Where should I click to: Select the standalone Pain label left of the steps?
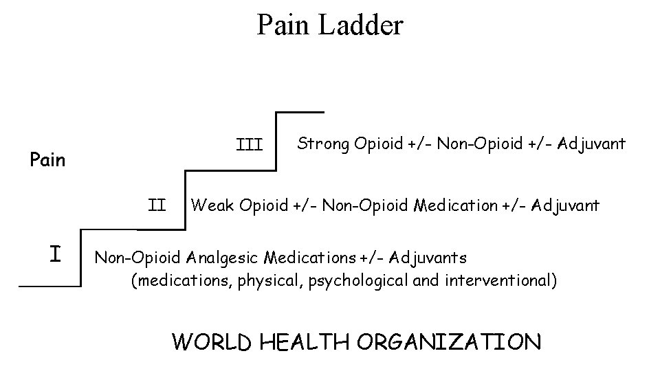coord(47,160)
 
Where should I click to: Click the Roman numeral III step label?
coord(249,145)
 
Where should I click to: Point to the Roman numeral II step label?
coord(157,205)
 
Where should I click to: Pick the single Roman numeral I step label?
coord(56,254)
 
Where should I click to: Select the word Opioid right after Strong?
coord(378,144)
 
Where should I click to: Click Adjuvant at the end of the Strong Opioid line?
coord(591,144)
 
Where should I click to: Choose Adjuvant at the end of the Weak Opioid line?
coord(565,205)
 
